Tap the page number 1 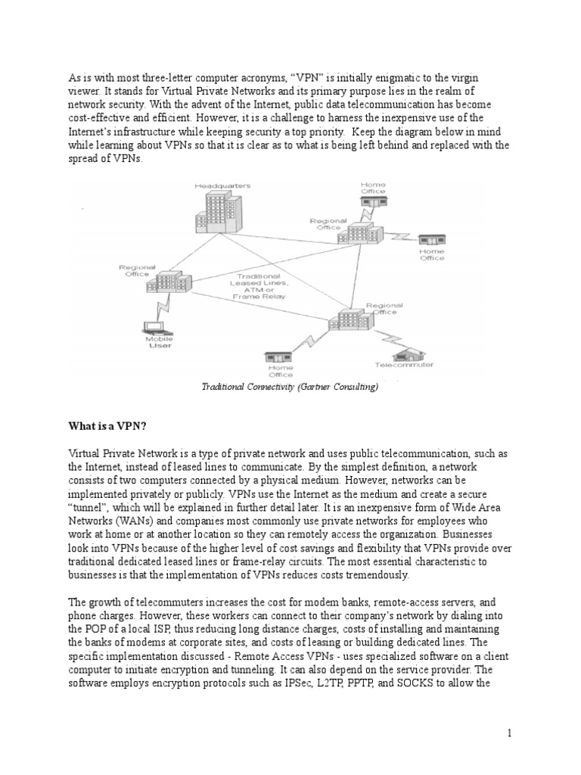(510, 733)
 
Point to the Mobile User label (158, 342)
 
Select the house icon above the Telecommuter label (409, 352)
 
